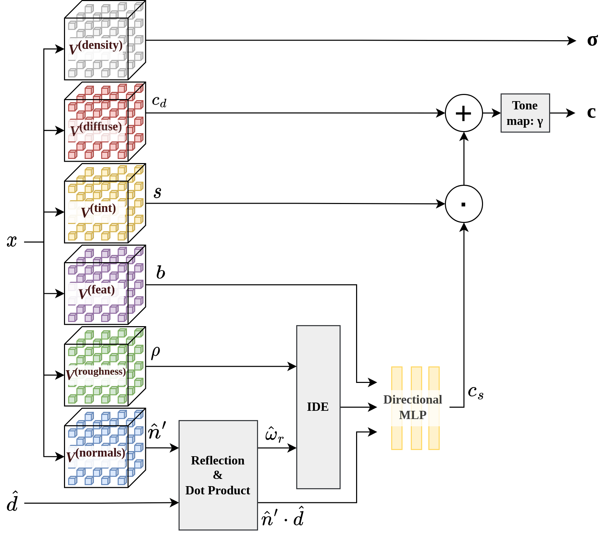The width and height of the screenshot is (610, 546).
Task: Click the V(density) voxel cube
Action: click(105, 41)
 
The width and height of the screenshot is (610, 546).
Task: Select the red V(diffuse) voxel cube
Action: click(105, 122)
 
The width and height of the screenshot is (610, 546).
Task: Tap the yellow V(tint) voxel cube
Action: click(105, 203)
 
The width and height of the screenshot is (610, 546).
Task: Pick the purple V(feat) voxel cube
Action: click(105, 285)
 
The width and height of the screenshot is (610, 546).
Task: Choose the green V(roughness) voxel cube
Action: click(105, 366)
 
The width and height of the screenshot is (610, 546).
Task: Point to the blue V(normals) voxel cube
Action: click(105, 448)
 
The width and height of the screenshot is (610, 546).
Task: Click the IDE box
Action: click(318, 407)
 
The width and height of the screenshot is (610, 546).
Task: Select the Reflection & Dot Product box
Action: click(218, 475)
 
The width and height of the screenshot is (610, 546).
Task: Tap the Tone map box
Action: click(525, 113)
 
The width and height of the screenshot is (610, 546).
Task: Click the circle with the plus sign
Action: click(464, 113)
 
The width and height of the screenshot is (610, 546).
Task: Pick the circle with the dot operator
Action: click(464, 204)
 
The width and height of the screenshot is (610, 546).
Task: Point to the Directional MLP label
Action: click(413, 407)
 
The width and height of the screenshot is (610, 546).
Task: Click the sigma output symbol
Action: click(592, 40)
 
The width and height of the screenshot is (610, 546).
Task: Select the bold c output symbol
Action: click(591, 112)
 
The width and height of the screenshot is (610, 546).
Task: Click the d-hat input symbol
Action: click(12, 502)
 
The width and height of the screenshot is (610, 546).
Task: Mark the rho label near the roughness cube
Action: click(156, 352)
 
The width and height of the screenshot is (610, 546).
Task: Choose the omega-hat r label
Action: click(274, 434)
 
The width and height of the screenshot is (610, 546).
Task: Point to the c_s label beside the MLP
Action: click(475, 392)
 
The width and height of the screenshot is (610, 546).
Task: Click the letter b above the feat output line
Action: click(160, 272)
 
